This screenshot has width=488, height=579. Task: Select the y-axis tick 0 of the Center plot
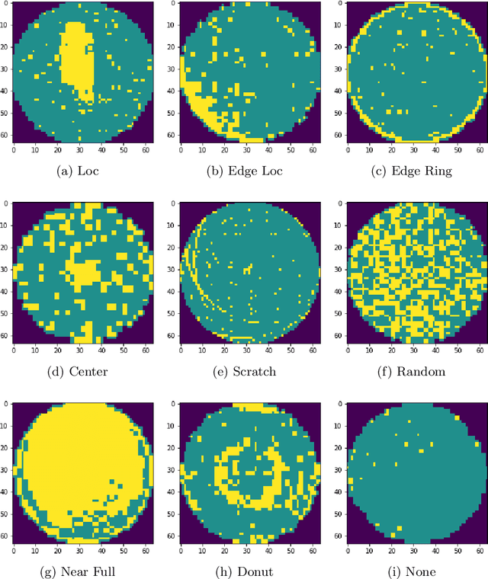pyautogui.click(x=8, y=204)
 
